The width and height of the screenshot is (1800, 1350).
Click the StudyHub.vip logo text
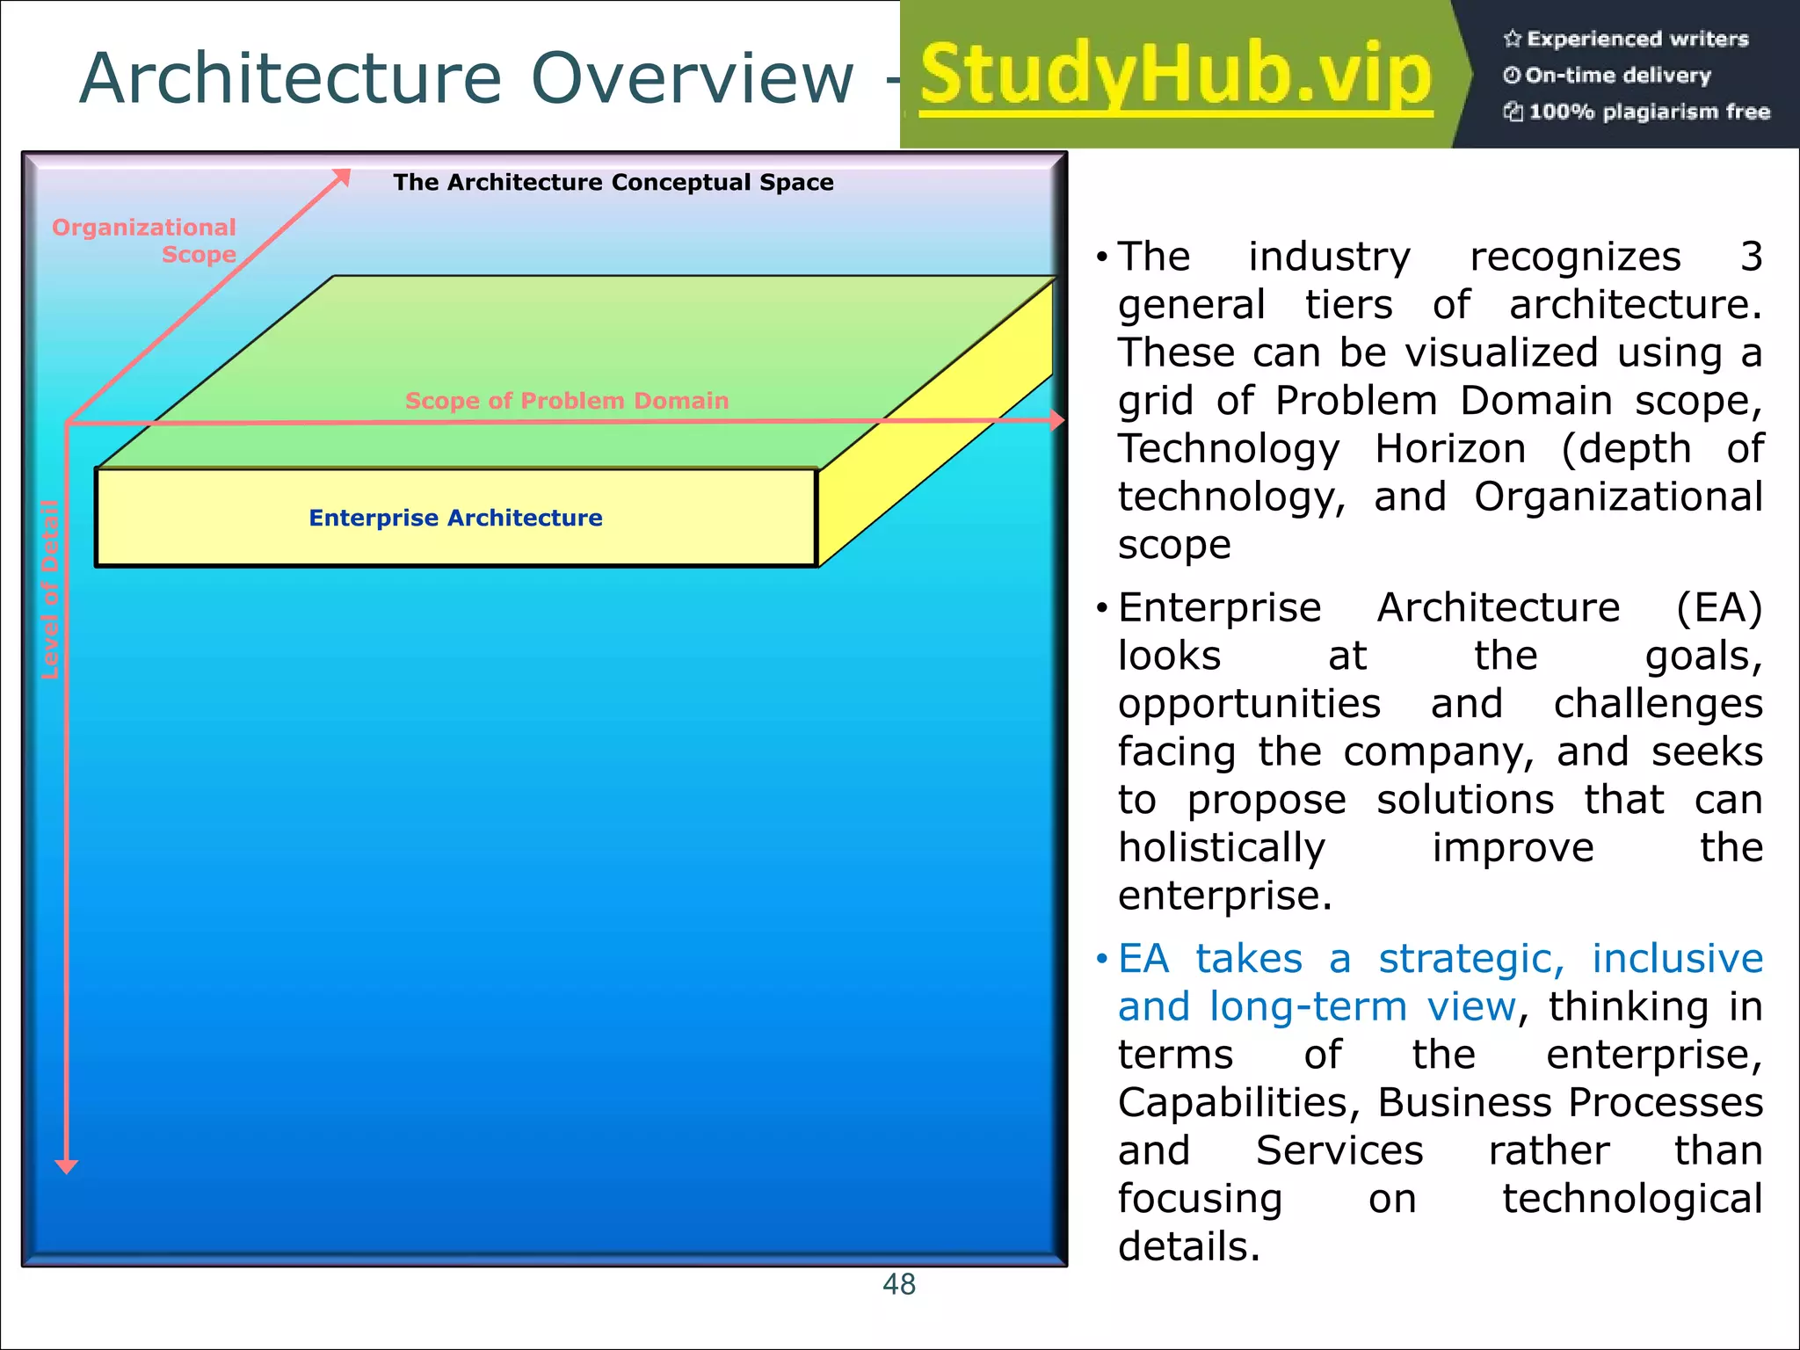(x=1176, y=76)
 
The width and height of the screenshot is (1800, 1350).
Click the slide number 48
(x=899, y=1284)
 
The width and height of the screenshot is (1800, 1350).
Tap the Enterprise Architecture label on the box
(x=455, y=518)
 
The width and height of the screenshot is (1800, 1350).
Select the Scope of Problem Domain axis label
(x=567, y=401)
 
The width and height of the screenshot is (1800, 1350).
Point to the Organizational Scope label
(x=145, y=240)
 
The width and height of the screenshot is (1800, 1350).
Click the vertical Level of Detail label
(x=50, y=589)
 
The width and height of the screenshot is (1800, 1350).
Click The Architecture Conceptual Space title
(x=613, y=182)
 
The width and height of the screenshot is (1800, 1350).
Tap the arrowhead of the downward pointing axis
(x=67, y=1165)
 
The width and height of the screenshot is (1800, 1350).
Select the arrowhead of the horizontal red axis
(x=1057, y=421)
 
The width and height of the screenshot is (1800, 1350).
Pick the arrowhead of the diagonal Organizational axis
(x=342, y=177)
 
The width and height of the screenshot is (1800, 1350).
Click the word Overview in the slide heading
(x=693, y=79)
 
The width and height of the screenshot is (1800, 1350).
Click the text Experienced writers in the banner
(x=1637, y=39)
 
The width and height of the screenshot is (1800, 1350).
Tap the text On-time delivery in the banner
(x=1617, y=76)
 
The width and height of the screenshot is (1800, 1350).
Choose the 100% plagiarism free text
(x=1649, y=112)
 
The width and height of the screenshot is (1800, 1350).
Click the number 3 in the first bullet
(x=1751, y=257)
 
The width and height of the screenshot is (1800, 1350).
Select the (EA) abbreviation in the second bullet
(x=1718, y=608)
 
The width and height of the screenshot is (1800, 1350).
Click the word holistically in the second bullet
(x=1222, y=848)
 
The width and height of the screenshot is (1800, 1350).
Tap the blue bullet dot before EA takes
(x=1101, y=959)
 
